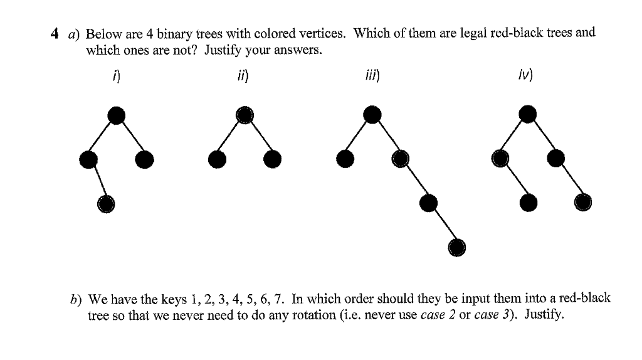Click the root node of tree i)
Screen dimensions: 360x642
coord(116,115)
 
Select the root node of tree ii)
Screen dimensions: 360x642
coord(245,115)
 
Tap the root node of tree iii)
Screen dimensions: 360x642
coord(372,115)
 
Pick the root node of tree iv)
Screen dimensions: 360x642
coord(529,114)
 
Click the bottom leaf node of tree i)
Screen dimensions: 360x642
coord(106,203)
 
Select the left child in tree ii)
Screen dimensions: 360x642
coord(217,159)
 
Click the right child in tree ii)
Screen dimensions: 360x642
coord(272,159)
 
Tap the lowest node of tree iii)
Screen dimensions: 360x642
coord(458,248)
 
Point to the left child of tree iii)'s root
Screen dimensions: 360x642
coord(345,159)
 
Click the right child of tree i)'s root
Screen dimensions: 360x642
coord(144,159)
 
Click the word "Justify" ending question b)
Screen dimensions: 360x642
coord(544,314)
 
